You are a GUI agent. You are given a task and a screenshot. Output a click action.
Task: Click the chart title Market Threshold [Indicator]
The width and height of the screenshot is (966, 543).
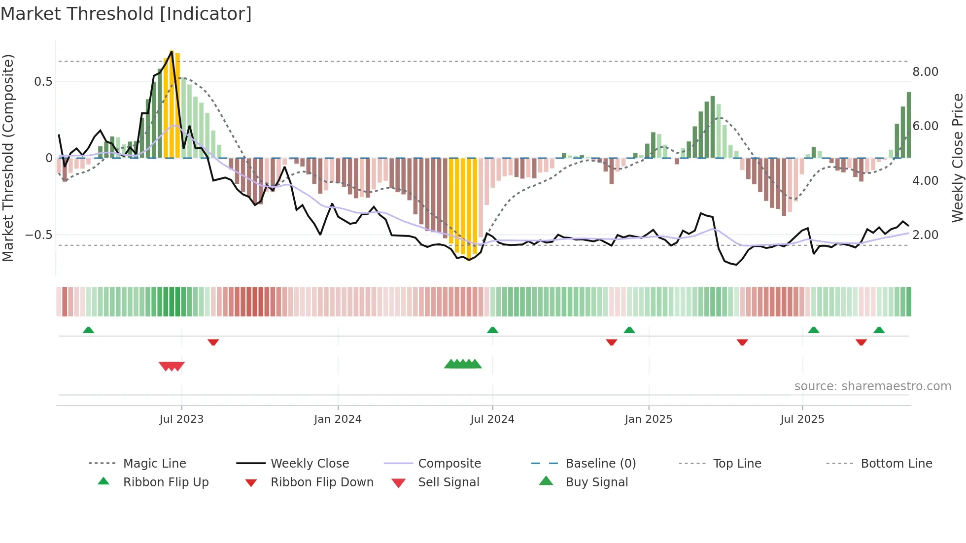pos(126,14)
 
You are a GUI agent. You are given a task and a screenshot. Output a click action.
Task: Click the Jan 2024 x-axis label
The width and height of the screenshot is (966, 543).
pos(338,419)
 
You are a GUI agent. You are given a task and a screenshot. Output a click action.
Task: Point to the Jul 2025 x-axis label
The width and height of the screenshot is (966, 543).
pos(802,419)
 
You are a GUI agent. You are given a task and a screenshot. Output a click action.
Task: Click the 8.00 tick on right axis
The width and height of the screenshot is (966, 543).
pos(925,72)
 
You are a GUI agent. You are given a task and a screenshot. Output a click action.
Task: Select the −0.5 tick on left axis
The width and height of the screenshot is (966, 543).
pos(38,235)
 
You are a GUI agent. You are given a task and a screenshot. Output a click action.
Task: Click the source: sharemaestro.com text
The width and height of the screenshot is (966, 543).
pos(872,386)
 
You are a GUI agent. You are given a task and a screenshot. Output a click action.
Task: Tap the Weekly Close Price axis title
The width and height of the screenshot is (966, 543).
pos(957,158)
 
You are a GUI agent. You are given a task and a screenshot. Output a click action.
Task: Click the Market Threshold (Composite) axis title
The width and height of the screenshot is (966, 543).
pos(8,158)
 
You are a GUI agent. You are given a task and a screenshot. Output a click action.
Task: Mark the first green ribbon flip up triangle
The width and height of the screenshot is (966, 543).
pos(88,330)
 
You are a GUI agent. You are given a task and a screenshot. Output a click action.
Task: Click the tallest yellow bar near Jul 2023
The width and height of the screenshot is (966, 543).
pos(172,103)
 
